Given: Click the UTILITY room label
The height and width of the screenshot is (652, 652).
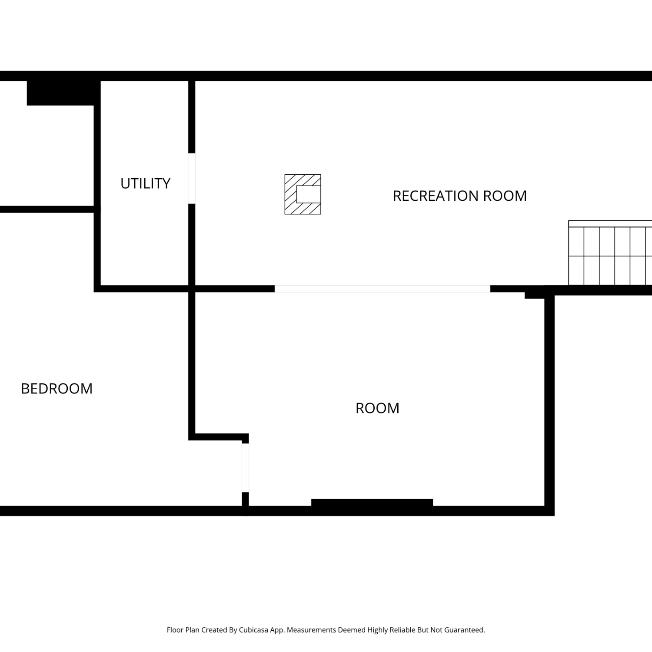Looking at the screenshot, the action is [x=145, y=183].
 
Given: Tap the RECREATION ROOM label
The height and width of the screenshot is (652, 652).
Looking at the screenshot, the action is [x=459, y=196].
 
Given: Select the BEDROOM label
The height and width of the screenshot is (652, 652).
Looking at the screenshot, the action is [x=57, y=389].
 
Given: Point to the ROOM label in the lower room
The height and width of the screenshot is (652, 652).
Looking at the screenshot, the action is [x=377, y=408].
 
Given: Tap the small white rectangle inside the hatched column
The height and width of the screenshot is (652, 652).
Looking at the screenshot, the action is [x=309, y=194].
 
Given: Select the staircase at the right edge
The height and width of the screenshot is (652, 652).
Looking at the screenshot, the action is [x=610, y=253].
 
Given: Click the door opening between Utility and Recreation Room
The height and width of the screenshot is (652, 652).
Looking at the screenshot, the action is [x=192, y=178].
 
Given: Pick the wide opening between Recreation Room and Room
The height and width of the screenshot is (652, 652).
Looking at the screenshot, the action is [x=383, y=289].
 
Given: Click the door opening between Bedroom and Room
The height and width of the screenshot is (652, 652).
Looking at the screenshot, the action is [x=245, y=468].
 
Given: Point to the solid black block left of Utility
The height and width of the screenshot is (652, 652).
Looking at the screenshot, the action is [x=63, y=93].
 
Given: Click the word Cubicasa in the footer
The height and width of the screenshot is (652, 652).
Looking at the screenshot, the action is [x=253, y=630].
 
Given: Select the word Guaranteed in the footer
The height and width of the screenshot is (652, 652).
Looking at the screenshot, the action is [x=464, y=630].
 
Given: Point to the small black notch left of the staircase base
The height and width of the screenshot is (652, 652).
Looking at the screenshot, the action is [x=535, y=295].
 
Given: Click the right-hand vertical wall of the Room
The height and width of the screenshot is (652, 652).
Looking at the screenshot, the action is [x=549, y=402].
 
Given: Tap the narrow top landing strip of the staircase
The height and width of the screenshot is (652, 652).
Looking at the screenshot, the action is [x=610, y=224].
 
